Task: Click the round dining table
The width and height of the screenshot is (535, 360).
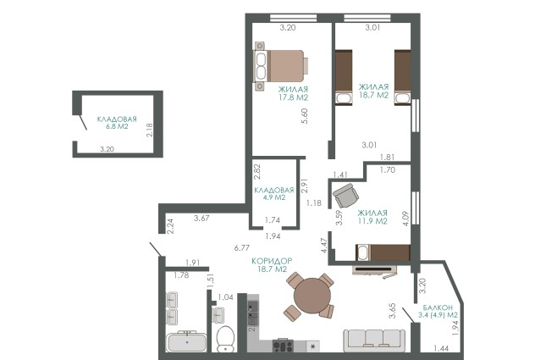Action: (312, 295)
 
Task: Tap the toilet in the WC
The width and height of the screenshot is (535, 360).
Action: (225, 339)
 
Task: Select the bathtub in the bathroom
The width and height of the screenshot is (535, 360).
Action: (186, 341)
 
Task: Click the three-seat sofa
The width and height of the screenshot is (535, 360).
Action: (374, 341)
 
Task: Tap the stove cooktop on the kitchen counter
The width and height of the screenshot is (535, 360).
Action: (283, 345)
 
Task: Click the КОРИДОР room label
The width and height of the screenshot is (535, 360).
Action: (272, 261)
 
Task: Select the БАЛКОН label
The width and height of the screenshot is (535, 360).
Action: (438, 307)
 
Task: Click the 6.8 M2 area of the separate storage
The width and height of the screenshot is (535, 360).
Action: (117, 126)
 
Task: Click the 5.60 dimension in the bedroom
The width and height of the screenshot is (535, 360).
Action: (305, 116)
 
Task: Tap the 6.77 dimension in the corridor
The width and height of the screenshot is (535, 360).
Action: (241, 248)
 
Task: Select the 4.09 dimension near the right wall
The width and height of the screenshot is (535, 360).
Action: (405, 219)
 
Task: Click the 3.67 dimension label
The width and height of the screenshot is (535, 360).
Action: (201, 218)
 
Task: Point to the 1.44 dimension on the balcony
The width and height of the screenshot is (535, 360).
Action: (441, 348)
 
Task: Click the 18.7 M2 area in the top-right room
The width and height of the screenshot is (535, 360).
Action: (373, 95)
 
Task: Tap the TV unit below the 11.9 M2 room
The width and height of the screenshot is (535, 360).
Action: (375, 270)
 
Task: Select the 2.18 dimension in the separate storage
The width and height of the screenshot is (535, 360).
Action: (149, 130)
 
